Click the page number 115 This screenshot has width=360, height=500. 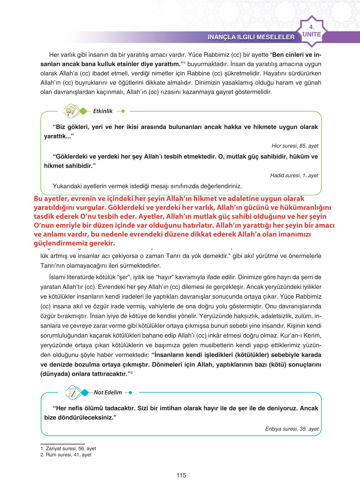(x=181, y=475)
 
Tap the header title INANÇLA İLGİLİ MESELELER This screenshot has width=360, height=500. (x=251, y=37)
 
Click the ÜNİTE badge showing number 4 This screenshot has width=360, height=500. (x=312, y=31)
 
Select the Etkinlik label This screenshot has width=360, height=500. (x=103, y=111)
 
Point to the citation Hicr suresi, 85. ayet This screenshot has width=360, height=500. (x=295, y=146)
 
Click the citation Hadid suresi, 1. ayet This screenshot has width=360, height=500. (x=294, y=176)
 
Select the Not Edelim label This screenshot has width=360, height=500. (x=108, y=393)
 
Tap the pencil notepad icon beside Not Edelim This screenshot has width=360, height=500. (x=73, y=393)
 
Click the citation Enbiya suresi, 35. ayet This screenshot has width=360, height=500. (x=292, y=429)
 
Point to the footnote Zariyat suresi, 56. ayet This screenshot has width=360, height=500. (x=68, y=448)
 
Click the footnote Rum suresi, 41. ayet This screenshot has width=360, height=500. (x=66, y=454)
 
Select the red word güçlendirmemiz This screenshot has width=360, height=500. (x=60, y=243)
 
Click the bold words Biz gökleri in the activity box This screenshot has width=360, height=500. (x=72, y=127)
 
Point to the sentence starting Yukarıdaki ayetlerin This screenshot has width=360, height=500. (x=147, y=186)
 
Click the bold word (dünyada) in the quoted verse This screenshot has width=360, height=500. (x=55, y=374)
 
